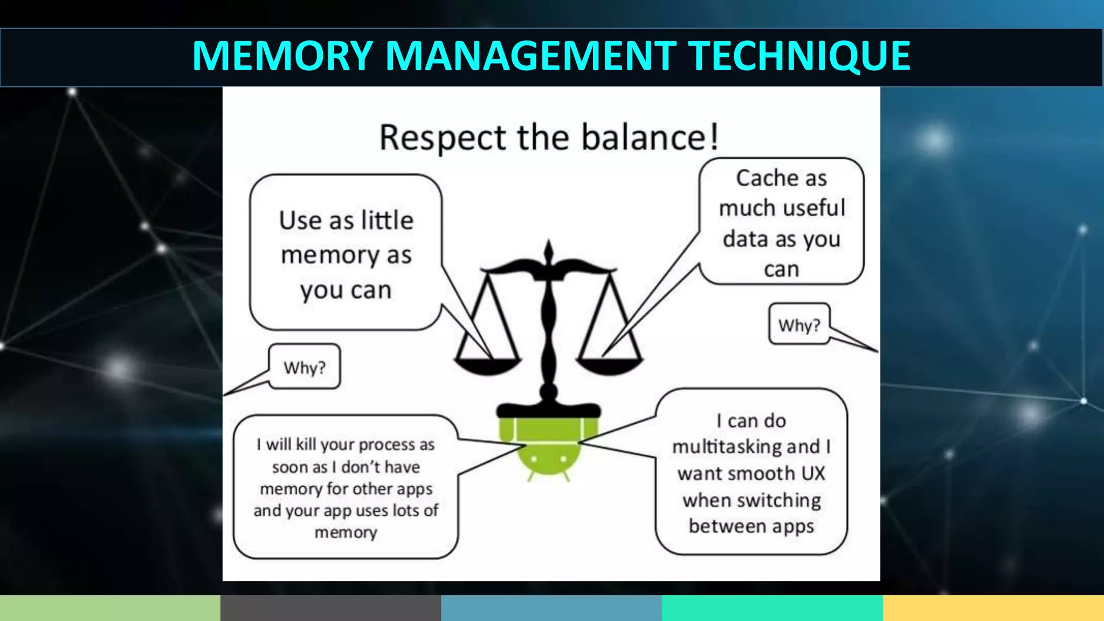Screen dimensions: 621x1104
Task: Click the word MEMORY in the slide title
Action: click(x=282, y=56)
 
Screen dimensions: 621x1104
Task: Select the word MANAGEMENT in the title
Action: click(x=530, y=56)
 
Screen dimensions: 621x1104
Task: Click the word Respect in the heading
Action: click(x=443, y=137)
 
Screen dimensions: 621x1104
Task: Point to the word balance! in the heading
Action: click(x=650, y=137)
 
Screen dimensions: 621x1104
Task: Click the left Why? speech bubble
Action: click(x=305, y=367)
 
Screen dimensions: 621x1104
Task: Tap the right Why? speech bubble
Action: click(x=799, y=325)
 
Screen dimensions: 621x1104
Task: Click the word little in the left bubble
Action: click(x=387, y=220)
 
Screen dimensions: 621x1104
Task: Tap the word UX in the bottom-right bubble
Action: click(x=813, y=473)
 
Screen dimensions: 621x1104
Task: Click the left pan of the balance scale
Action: click(x=487, y=365)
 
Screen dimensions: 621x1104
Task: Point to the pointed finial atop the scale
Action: click(x=549, y=250)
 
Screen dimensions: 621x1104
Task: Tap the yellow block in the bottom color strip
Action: click(x=993, y=608)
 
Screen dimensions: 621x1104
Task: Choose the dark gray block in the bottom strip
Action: click(x=330, y=608)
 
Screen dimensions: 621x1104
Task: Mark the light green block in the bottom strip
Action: click(x=110, y=608)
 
